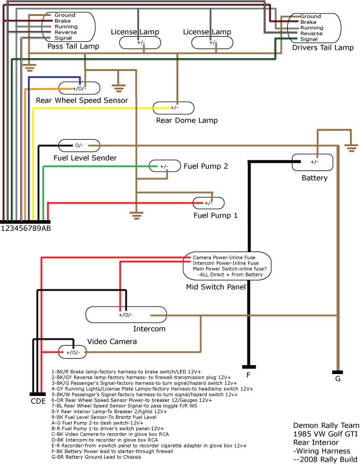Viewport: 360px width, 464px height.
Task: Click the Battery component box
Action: coord(314,162)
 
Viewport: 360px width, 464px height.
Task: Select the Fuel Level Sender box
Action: coord(79,145)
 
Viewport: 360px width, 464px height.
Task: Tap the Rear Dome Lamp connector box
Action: coord(174,108)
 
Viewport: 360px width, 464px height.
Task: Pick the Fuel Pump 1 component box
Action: coord(208,202)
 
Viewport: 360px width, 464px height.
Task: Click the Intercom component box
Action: coord(126,314)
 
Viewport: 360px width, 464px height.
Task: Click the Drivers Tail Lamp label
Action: coord(322,48)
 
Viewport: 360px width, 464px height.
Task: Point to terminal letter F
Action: coord(249,375)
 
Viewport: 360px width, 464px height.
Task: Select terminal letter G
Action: coord(337,378)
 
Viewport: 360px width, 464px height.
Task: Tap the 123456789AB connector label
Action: coord(25,228)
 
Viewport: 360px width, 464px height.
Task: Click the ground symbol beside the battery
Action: coord(352,147)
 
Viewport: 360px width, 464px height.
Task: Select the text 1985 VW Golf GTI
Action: coord(325,433)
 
